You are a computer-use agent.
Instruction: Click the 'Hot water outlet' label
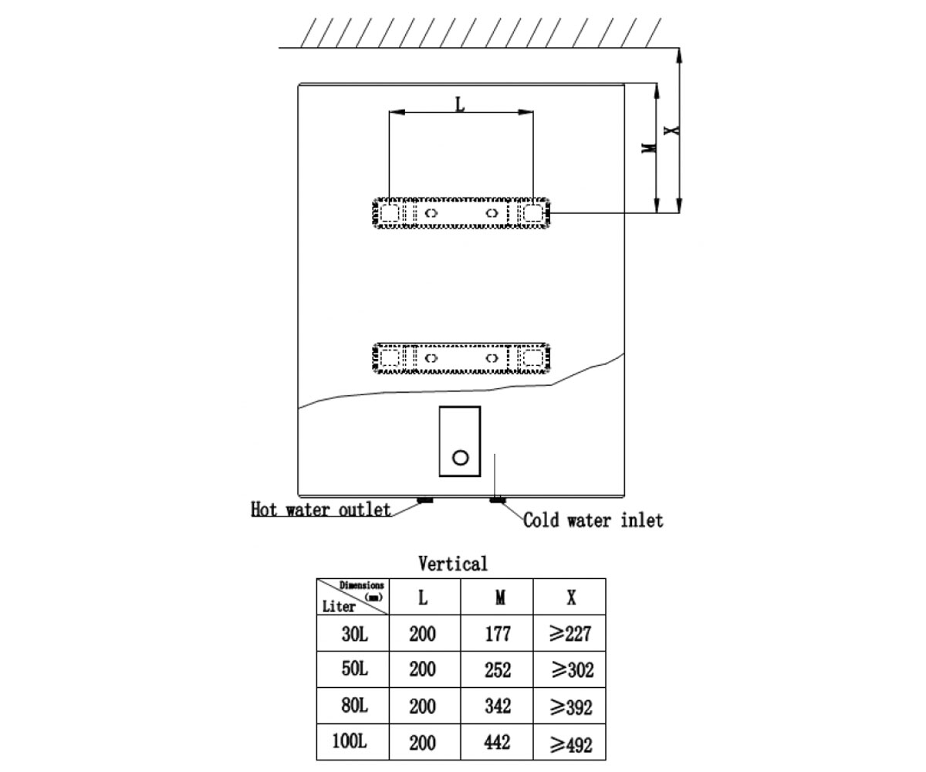click(321, 510)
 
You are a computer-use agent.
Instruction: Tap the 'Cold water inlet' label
click(593, 520)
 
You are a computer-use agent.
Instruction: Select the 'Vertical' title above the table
click(453, 564)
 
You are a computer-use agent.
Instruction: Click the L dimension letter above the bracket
click(461, 105)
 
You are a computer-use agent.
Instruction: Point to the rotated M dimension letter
click(649, 147)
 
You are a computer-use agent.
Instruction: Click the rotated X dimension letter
click(671, 130)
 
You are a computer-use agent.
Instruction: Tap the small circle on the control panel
click(461, 458)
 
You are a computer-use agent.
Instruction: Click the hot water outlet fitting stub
click(425, 500)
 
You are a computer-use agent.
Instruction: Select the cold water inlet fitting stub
click(497, 500)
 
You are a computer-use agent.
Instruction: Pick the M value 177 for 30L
click(498, 634)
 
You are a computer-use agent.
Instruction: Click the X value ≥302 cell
click(572, 669)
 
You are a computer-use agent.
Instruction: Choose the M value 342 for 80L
click(498, 706)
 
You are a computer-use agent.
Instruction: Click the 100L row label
click(350, 741)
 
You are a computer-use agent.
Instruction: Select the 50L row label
click(354, 669)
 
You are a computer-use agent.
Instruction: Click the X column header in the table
click(571, 598)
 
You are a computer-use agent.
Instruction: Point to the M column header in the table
click(500, 598)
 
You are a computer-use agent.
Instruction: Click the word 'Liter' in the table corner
click(339, 607)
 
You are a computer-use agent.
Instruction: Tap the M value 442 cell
click(497, 742)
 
